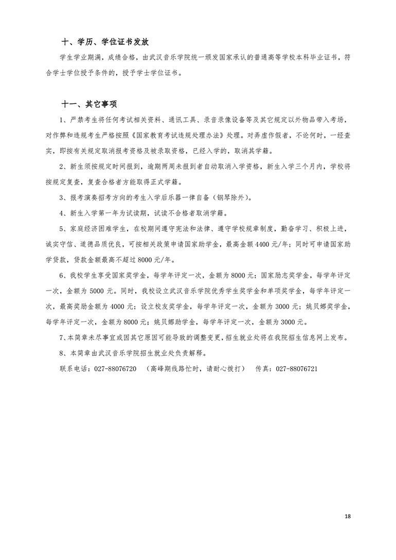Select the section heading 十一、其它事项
coord(89,104)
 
